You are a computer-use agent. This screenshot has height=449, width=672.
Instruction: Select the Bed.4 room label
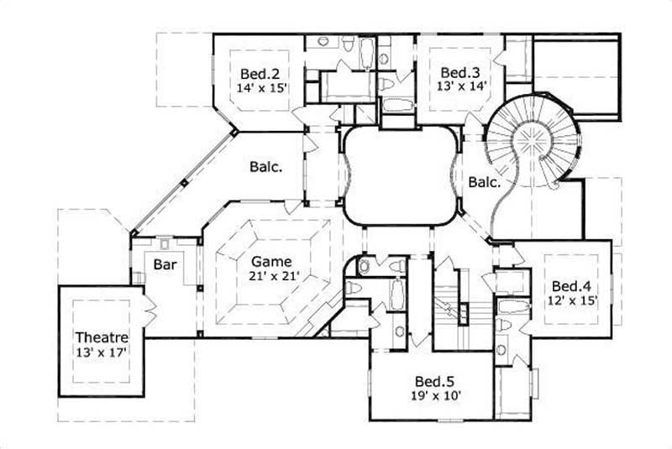570,285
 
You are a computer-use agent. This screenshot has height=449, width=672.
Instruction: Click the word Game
264,261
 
